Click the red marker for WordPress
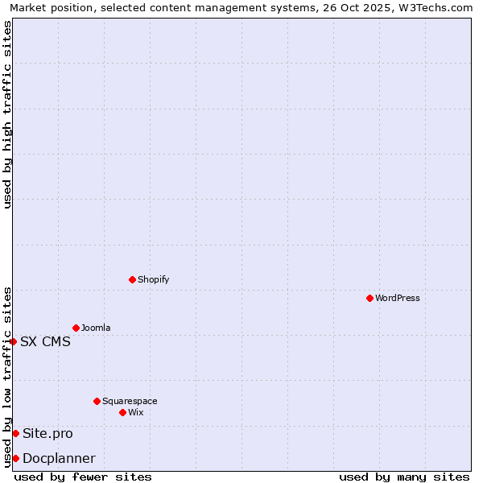[x=369, y=298]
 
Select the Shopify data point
[x=132, y=279]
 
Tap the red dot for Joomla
[x=76, y=328]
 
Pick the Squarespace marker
[x=97, y=401]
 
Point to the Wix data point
[x=122, y=412]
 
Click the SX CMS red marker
[x=14, y=341]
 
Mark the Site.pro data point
[x=15, y=433]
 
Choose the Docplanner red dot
[x=15, y=458]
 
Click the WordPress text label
[x=398, y=298]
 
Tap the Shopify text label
[x=153, y=279]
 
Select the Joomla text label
[x=96, y=328]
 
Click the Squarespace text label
[x=130, y=401]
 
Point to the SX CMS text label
[x=45, y=341]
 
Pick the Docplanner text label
[x=59, y=458]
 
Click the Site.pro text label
[x=47, y=433]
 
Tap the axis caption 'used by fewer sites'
[x=83, y=477]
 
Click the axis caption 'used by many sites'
[x=404, y=477]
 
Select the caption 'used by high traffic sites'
[x=7, y=114]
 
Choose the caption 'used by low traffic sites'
[x=7, y=377]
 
